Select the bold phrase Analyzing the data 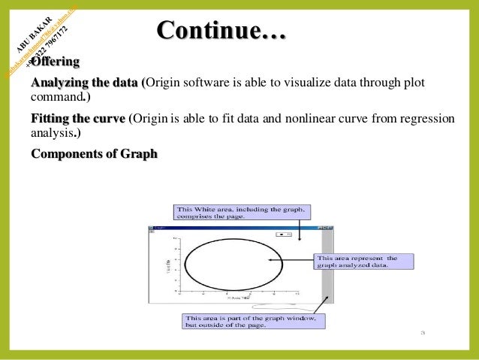[x=85, y=82]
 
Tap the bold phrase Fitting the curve [x=78, y=119]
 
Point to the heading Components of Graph [x=94, y=154]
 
